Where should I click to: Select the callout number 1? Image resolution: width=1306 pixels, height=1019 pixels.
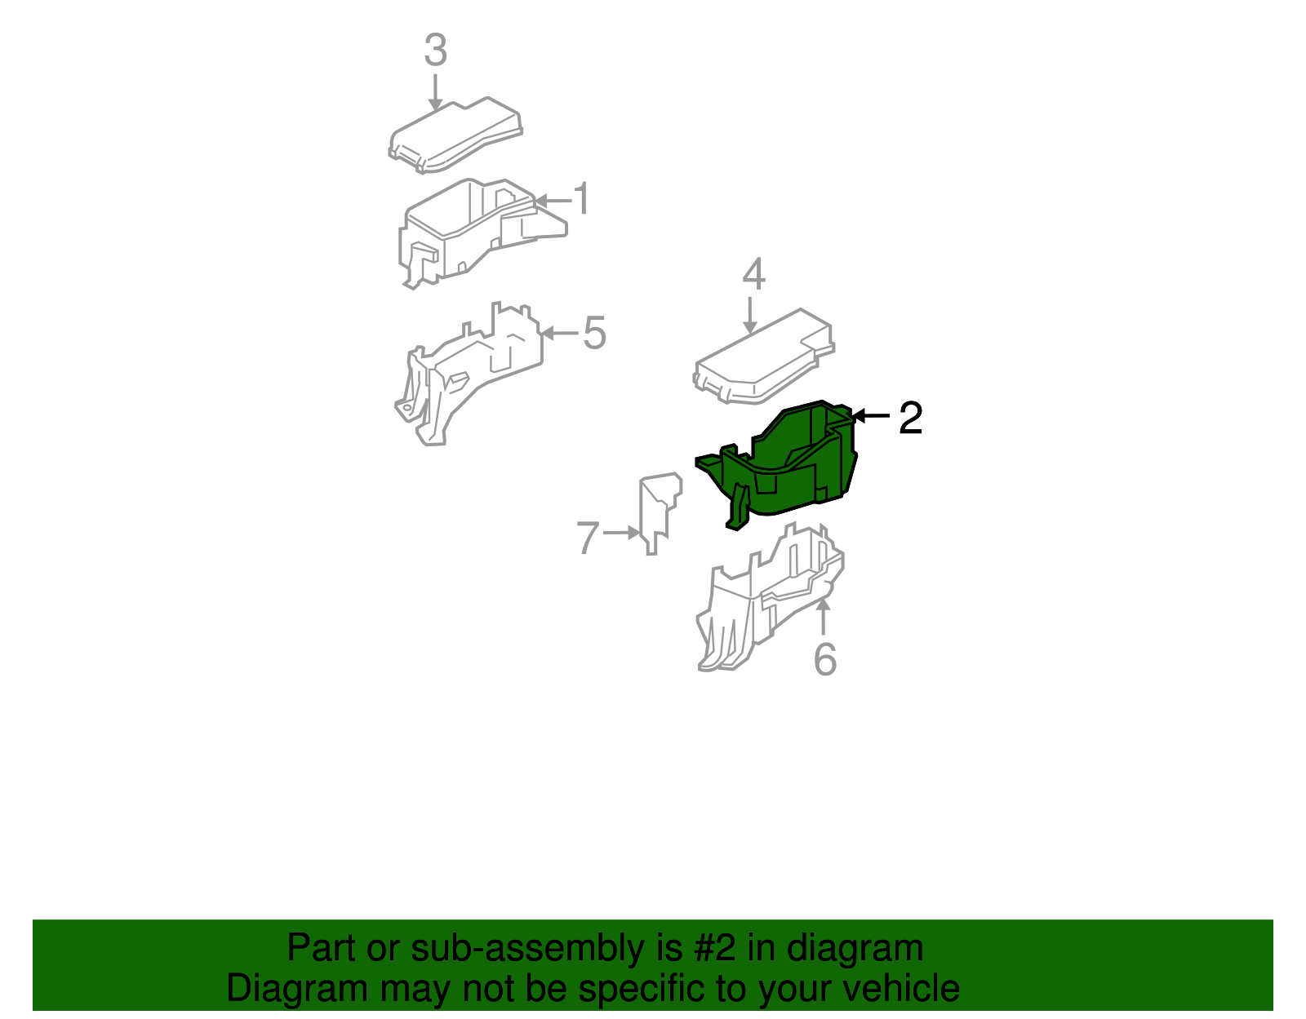582,198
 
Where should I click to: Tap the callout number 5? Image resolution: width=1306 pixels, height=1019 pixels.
595,333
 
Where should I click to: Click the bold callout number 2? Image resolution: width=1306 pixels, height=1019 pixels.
911,418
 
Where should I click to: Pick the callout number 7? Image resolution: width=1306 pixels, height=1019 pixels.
588,538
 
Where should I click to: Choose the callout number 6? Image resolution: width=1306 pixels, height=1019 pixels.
824,658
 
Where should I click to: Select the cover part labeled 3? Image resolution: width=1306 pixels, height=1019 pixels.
455,135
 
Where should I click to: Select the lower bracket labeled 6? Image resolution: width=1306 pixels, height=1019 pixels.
769,600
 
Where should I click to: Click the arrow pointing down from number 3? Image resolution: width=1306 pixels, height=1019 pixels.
435,92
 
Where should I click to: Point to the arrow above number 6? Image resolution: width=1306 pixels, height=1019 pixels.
824,616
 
